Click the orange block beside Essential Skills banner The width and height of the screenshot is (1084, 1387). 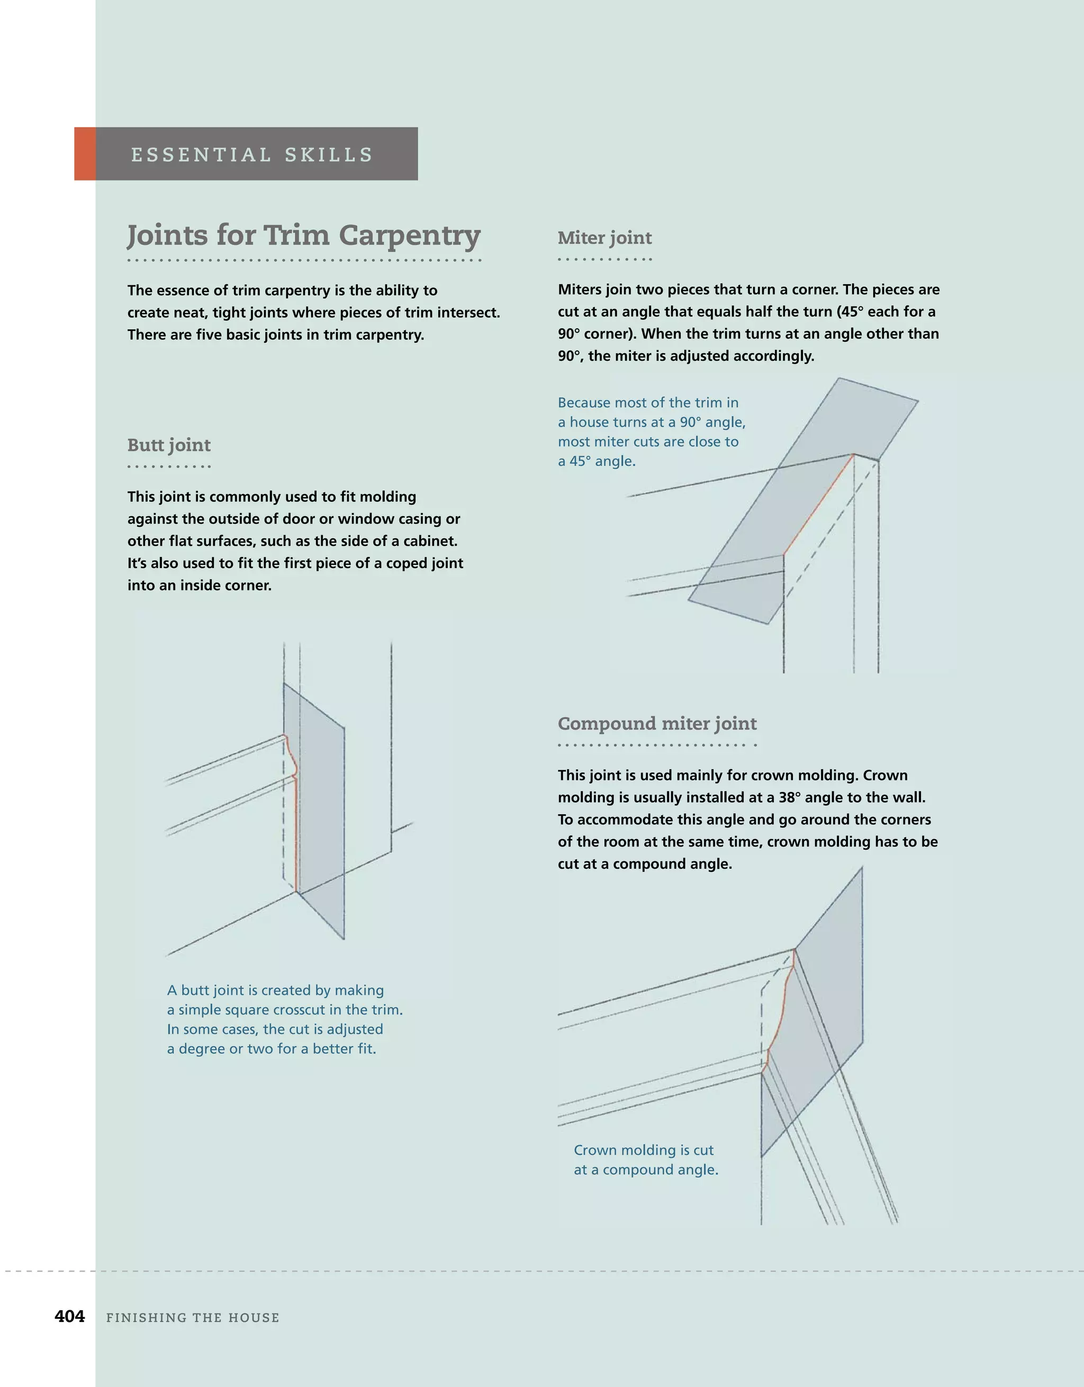(x=85, y=154)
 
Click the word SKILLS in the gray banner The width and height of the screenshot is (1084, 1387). (x=328, y=155)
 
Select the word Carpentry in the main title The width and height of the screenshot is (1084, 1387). (x=409, y=236)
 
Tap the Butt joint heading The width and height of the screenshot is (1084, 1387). (x=169, y=445)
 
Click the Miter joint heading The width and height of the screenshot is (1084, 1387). (x=604, y=238)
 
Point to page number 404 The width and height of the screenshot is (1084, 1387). (x=70, y=1317)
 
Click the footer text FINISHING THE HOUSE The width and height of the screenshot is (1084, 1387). (x=193, y=1318)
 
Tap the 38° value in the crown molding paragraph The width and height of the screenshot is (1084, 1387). (x=789, y=797)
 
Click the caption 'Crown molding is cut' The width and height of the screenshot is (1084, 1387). (x=643, y=1150)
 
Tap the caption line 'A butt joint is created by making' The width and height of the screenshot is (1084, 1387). (x=275, y=990)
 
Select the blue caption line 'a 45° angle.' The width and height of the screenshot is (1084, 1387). (x=597, y=461)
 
